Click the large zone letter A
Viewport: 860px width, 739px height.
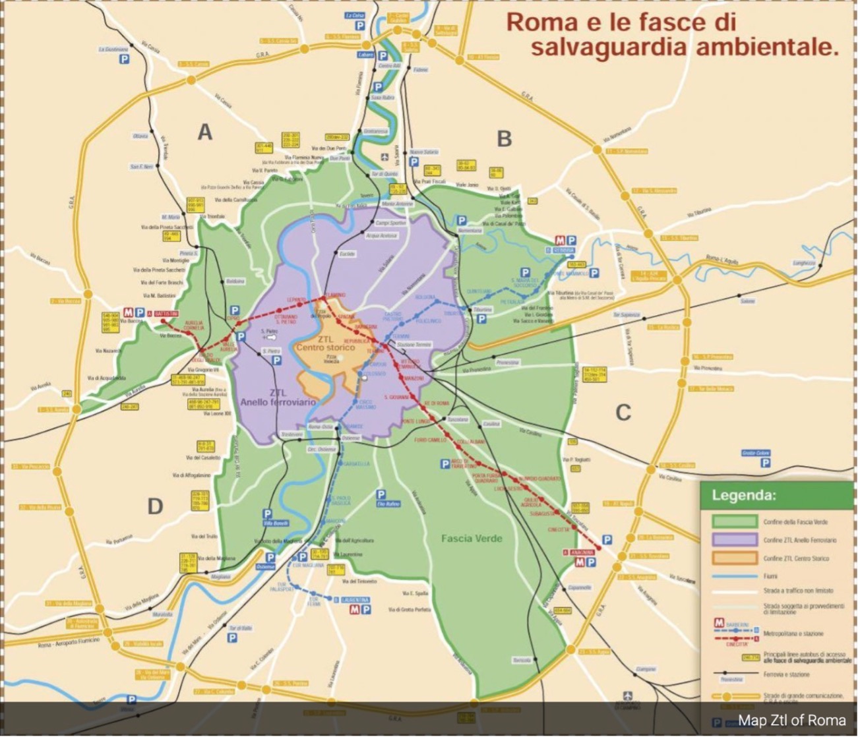pos(205,133)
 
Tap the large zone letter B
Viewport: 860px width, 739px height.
pos(504,138)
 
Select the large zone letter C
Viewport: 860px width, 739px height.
pos(623,413)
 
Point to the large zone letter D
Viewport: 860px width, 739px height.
pos(155,506)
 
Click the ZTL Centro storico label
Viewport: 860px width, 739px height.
pos(326,343)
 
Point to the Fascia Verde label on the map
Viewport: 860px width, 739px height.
pos(472,539)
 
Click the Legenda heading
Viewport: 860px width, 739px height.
pos(744,495)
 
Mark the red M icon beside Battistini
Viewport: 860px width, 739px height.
pos(128,312)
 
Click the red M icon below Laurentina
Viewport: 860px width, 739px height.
pos(355,610)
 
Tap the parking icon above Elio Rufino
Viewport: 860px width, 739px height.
pos(381,494)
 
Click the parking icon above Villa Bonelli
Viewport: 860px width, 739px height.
pos(267,514)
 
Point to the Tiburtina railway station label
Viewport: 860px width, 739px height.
pos(482,309)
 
